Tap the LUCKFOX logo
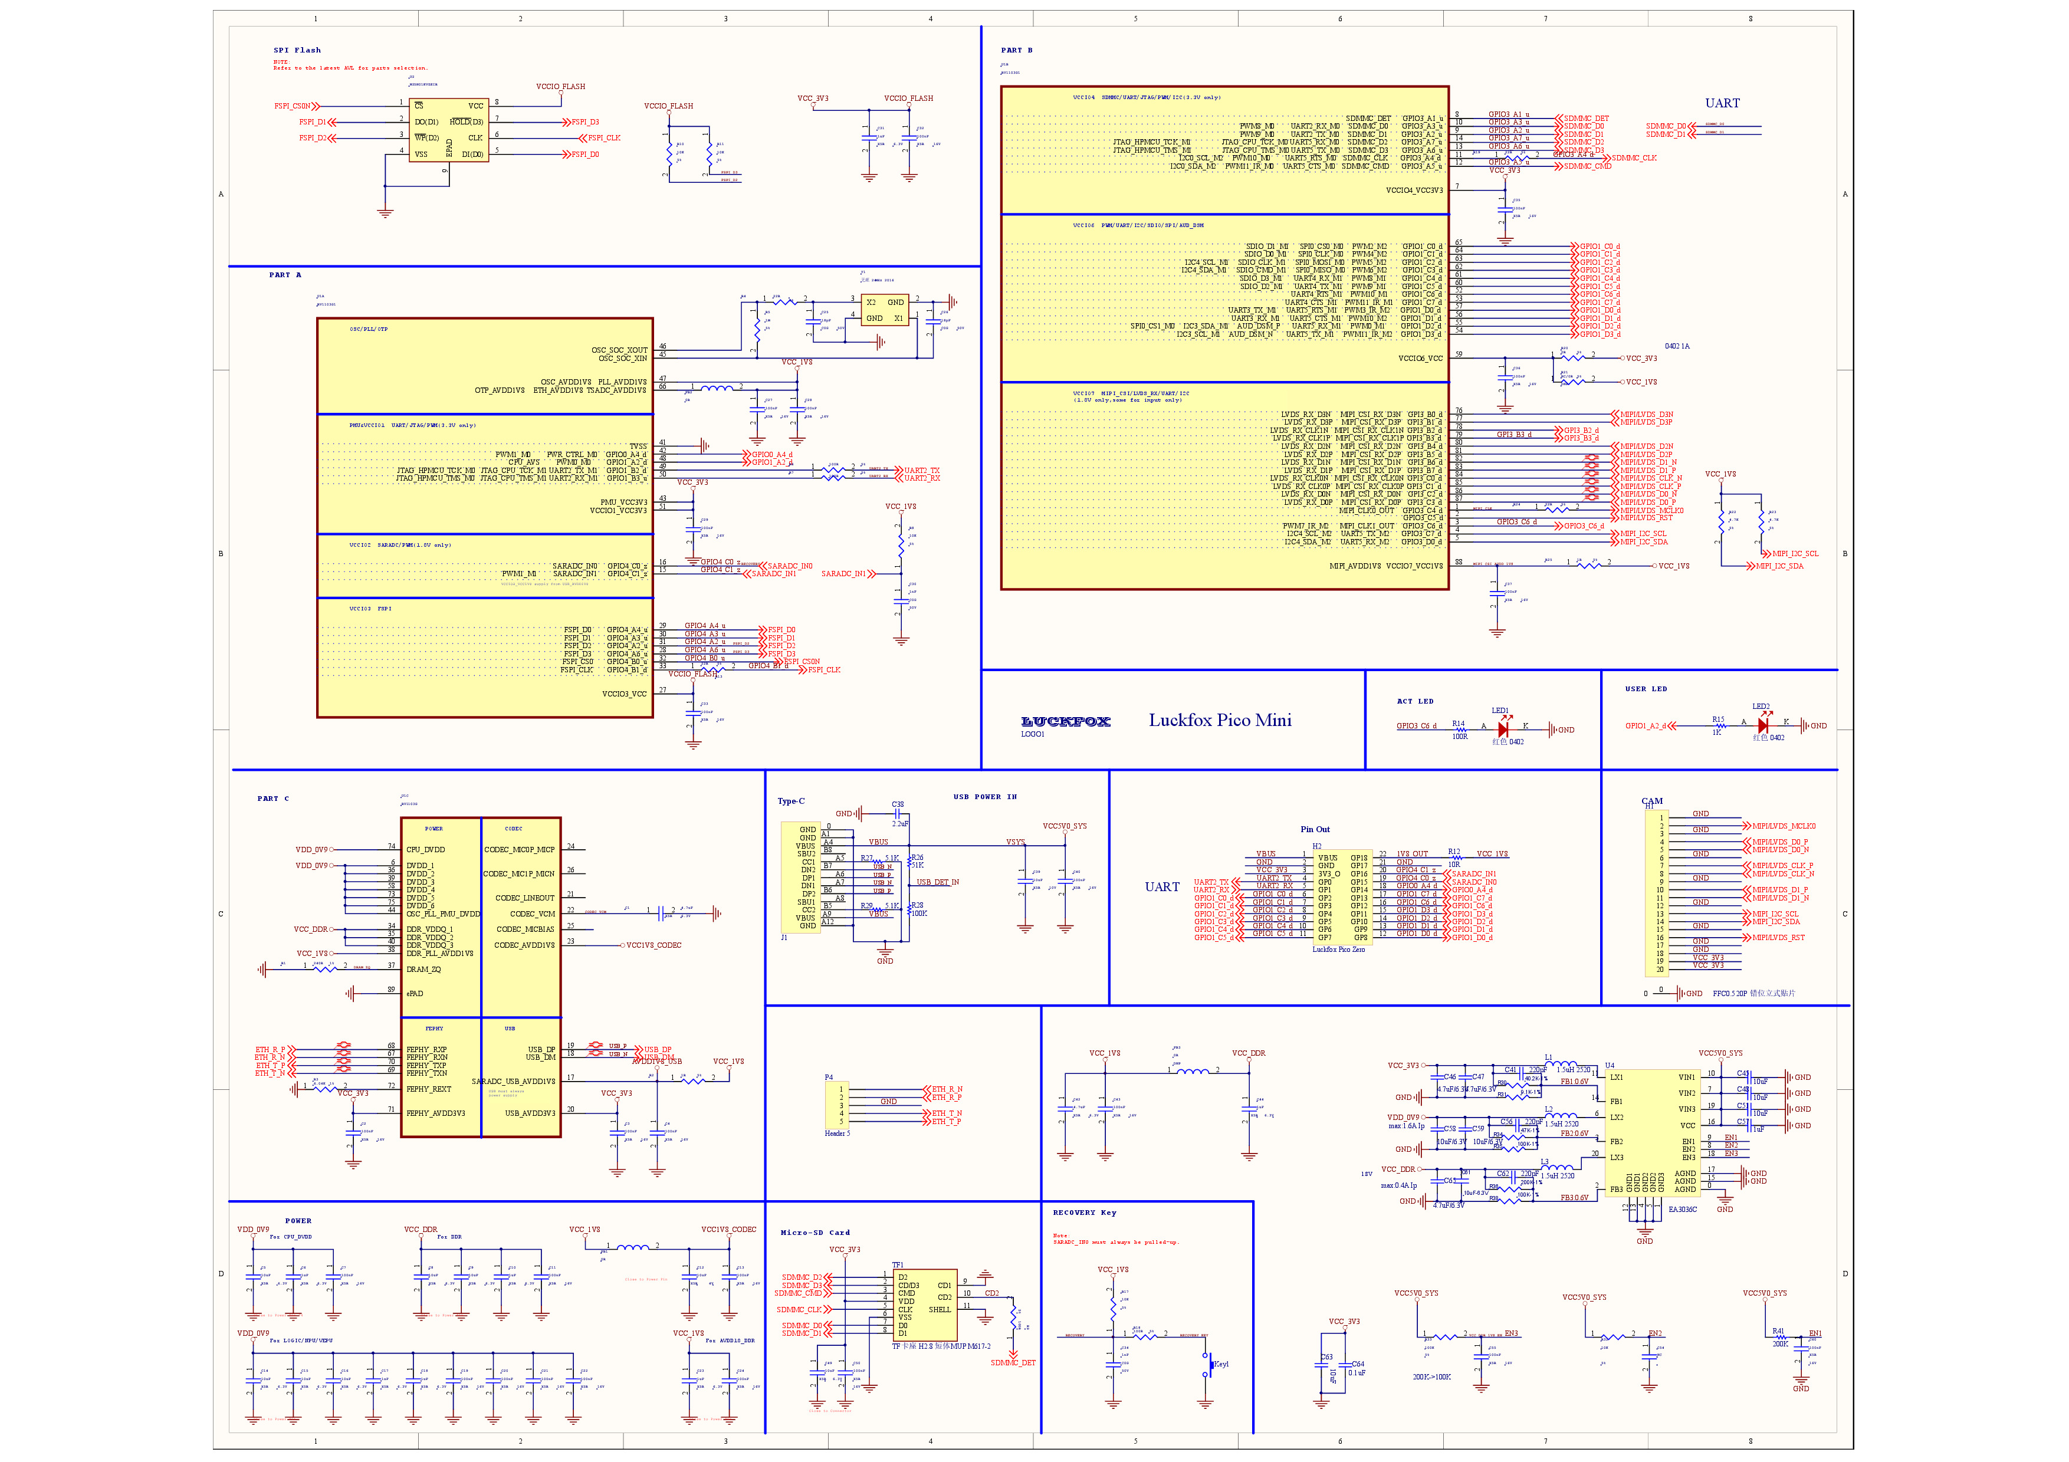pos(1065,721)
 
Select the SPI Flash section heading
pos(297,51)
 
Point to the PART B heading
pos(1016,51)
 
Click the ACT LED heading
pos(1415,701)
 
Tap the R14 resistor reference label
pos(1457,724)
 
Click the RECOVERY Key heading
pos(1084,1213)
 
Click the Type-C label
pos(790,801)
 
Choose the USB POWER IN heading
pos(985,796)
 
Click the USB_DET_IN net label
pos(937,882)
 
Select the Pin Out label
pos(1315,829)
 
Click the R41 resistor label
pos(1778,1330)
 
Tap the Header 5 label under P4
pos(836,1133)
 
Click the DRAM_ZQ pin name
pos(423,970)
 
